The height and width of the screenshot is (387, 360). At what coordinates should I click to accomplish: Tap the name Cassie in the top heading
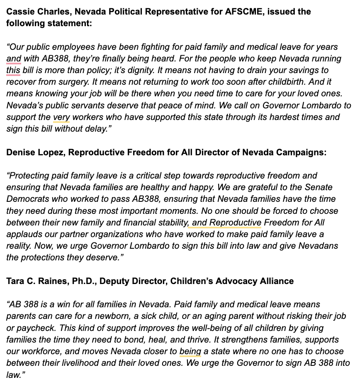tap(20, 11)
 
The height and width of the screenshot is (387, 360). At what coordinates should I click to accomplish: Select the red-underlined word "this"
tap(13, 70)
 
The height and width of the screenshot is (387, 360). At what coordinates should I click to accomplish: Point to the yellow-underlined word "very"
tap(61, 117)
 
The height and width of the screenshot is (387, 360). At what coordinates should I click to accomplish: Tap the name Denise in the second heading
tap(20, 152)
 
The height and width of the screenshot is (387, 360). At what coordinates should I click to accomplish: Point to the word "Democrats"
tap(29, 199)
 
